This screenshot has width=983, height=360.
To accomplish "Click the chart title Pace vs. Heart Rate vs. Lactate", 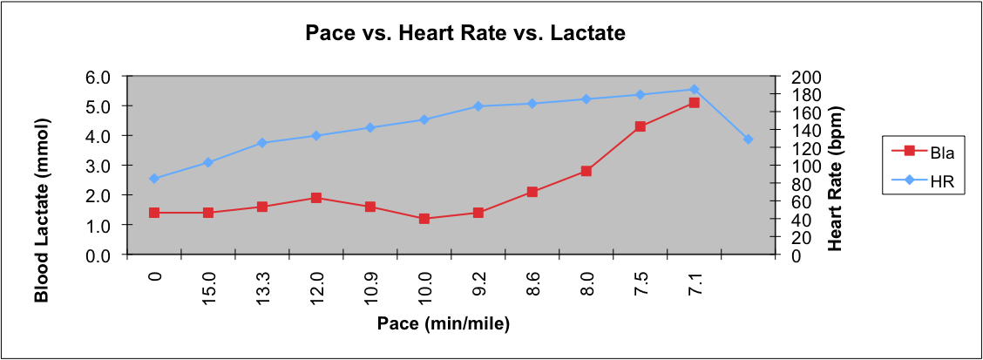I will pyautogui.click(x=465, y=34).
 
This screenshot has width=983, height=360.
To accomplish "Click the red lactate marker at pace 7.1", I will pyautogui.click(x=694, y=103).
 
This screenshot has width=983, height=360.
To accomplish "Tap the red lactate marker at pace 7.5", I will pyautogui.click(x=640, y=126).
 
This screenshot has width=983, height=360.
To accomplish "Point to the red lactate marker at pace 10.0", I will pyautogui.click(x=424, y=219).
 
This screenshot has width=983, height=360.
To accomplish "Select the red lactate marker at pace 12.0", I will pyautogui.click(x=316, y=198).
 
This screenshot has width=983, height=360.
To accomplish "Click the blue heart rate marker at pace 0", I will pyautogui.click(x=154, y=179).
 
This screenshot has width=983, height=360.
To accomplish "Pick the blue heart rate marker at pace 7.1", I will pyautogui.click(x=694, y=89).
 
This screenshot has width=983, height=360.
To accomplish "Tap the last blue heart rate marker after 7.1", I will pyautogui.click(x=748, y=139).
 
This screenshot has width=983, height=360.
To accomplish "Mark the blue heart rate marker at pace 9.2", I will pyautogui.click(x=478, y=106).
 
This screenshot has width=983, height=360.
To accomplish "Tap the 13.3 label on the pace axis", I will pyautogui.click(x=262, y=284).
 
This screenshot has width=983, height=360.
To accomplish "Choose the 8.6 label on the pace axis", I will pyautogui.click(x=532, y=284).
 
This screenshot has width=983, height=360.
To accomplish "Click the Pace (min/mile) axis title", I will pyautogui.click(x=443, y=323).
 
